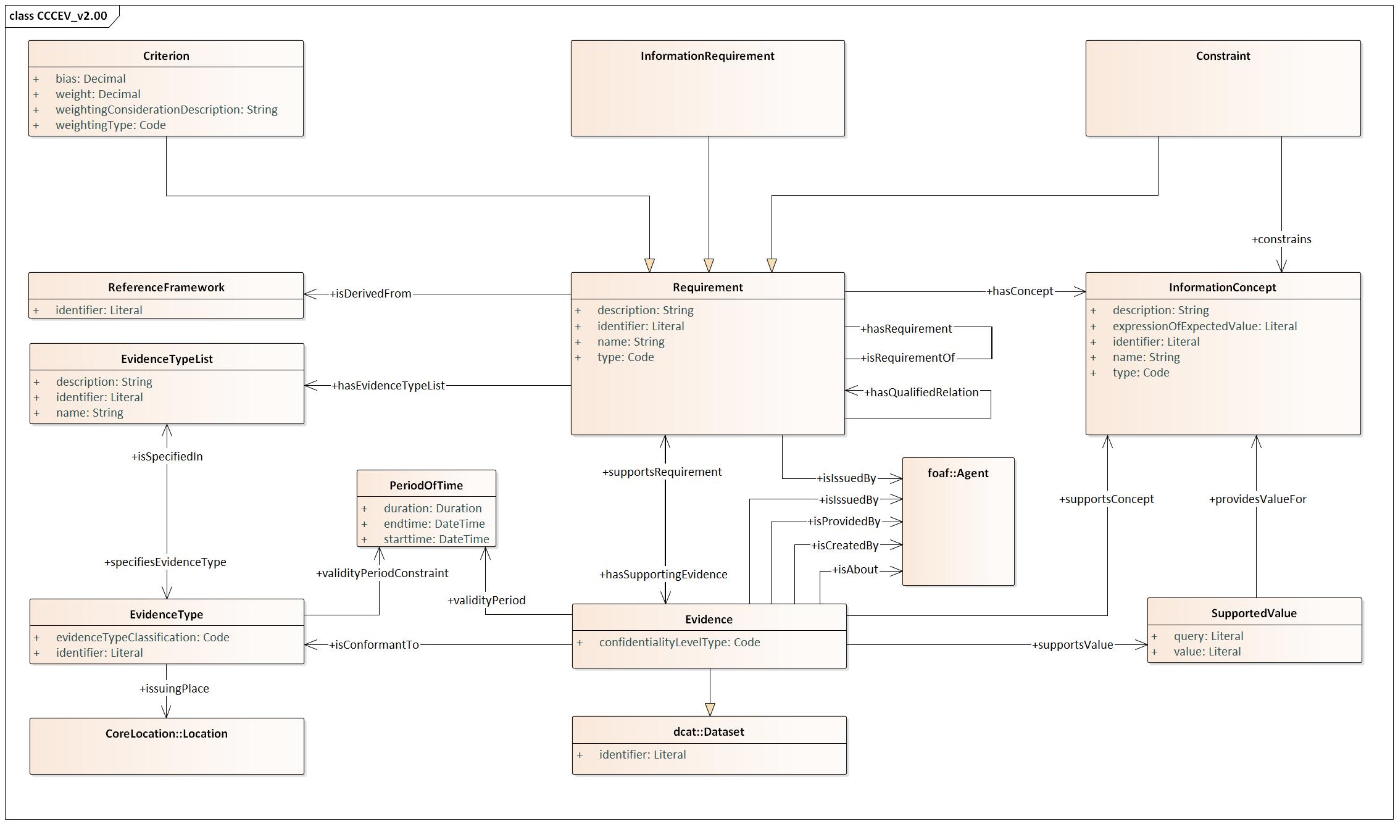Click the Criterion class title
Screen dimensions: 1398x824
[166, 56]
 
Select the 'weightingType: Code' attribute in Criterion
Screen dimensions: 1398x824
[110, 125]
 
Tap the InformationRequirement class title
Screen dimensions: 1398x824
[707, 56]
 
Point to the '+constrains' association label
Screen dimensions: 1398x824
[1281, 239]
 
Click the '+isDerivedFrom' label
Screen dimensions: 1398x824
[370, 293]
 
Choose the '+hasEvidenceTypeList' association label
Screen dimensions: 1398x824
[388, 385]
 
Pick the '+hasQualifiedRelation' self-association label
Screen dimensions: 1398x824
[921, 392]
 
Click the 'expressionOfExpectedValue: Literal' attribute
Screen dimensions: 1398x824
[1205, 326]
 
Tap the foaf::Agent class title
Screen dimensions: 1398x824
[958, 473]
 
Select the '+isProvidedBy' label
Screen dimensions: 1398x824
[844, 522]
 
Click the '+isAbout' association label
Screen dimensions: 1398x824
[855, 569]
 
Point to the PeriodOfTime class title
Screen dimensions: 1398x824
[426, 485]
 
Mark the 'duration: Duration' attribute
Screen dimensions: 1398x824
[433, 508]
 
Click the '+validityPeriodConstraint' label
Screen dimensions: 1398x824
[382, 573]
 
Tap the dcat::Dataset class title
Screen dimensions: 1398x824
[709, 731]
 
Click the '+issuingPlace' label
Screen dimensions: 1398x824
[174, 688]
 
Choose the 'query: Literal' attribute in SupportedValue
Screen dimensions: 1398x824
[1209, 636]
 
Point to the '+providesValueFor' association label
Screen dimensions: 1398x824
[1257, 499]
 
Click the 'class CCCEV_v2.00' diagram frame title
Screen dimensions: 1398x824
[58, 15]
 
